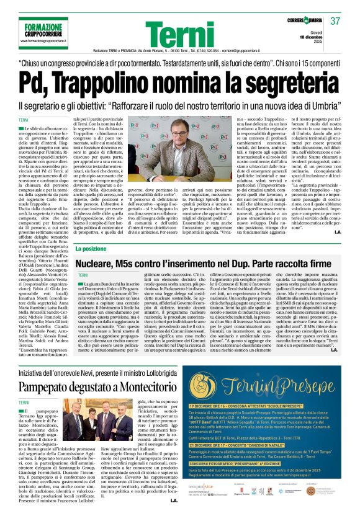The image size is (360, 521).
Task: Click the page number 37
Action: click(336, 21)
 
